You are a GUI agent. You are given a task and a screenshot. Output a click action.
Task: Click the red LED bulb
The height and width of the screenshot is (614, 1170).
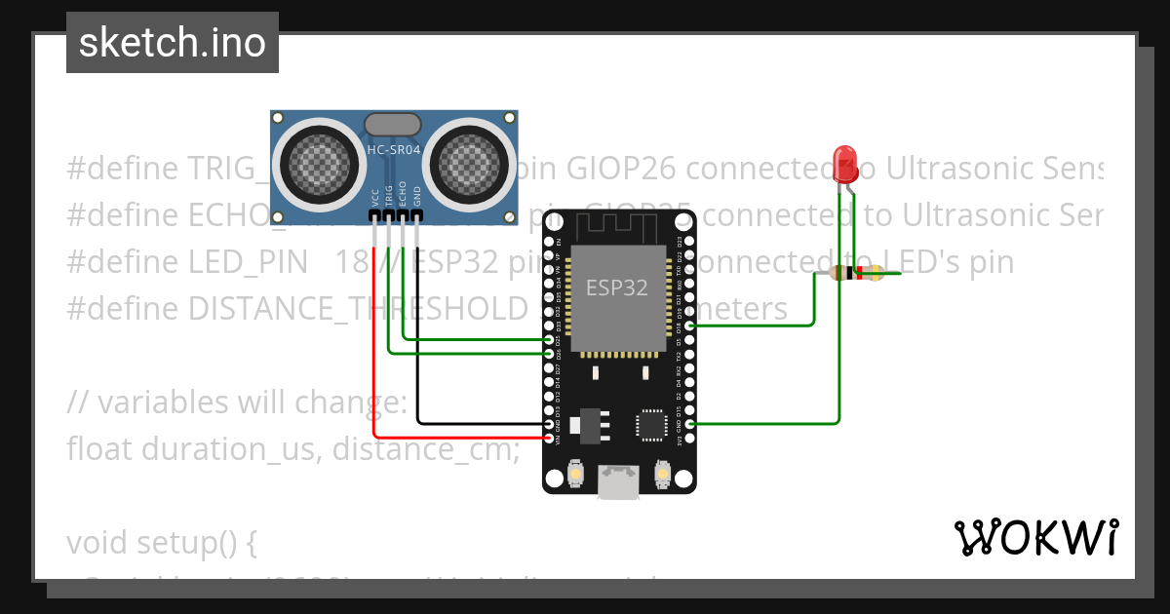click(844, 162)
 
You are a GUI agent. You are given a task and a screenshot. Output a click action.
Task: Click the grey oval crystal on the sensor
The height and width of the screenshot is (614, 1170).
click(392, 124)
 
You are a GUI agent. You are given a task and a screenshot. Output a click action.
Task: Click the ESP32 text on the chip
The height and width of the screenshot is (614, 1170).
click(616, 288)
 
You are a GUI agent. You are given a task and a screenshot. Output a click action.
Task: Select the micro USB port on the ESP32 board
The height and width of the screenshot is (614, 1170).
click(619, 483)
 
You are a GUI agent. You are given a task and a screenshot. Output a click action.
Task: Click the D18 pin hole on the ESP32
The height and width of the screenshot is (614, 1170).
click(690, 326)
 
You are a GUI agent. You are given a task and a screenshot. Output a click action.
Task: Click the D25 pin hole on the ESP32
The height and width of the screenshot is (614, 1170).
click(548, 340)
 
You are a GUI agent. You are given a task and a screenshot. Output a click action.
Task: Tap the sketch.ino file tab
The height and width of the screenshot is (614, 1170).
click(173, 43)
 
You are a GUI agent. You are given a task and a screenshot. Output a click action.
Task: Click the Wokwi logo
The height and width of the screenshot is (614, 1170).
click(1035, 537)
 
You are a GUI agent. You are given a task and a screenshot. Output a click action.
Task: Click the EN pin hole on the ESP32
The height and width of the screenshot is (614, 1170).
click(548, 241)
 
